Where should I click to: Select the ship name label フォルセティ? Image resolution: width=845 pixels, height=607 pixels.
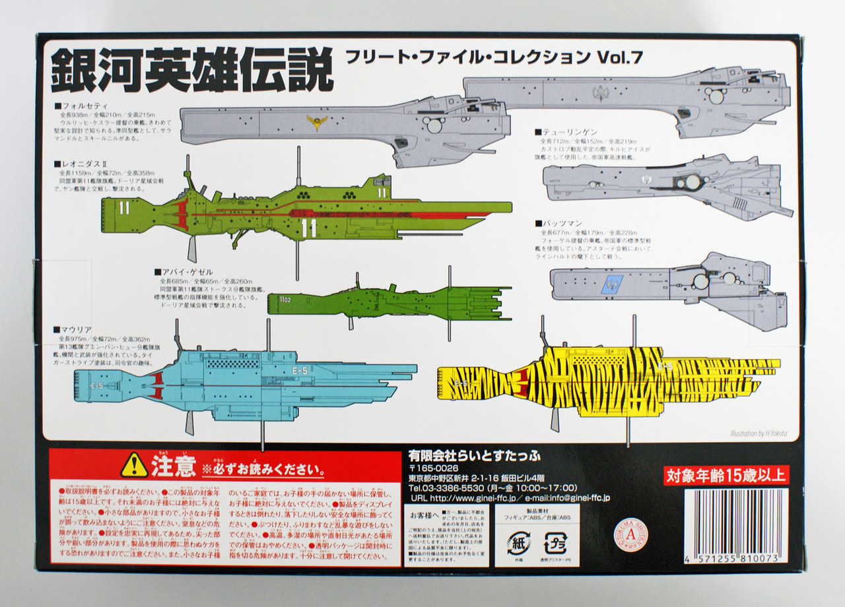[x=86, y=106]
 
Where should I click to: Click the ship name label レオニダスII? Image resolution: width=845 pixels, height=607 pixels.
[x=86, y=162]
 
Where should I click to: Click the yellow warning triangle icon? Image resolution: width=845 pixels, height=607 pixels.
[x=134, y=464]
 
